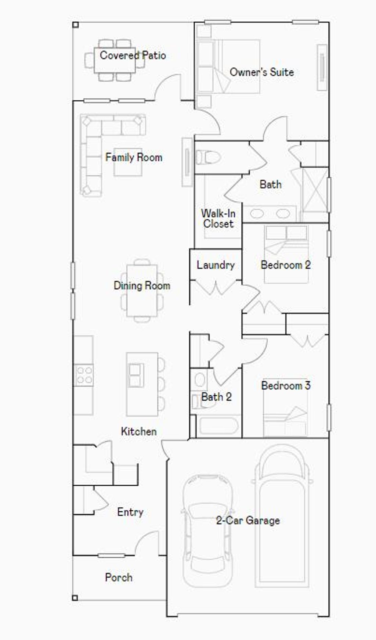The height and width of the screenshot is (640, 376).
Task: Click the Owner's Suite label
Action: (261, 72)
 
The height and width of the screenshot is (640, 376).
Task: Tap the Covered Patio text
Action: (133, 55)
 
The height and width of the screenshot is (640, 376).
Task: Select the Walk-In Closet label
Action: (218, 219)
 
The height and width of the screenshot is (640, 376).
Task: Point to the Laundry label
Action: (216, 265)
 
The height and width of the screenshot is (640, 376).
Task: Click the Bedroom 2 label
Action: (286, 265)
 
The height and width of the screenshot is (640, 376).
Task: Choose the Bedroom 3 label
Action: (286, 385)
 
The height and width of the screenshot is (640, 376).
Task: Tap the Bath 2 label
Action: (216, 397)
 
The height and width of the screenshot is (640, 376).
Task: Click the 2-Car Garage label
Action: (248, 520)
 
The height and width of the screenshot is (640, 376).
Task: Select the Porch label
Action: (119, 577)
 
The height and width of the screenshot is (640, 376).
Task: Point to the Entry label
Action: (130, 512)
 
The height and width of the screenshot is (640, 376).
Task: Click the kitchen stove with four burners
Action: (84, 375)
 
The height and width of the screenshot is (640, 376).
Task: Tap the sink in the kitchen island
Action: (136, 375)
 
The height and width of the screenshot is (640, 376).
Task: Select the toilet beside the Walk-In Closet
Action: (208, 158)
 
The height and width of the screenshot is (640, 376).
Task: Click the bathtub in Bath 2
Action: (218, 427)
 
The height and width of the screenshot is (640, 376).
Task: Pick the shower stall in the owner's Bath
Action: (314, 195)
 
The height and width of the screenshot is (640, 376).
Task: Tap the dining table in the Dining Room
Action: (142, 290)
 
